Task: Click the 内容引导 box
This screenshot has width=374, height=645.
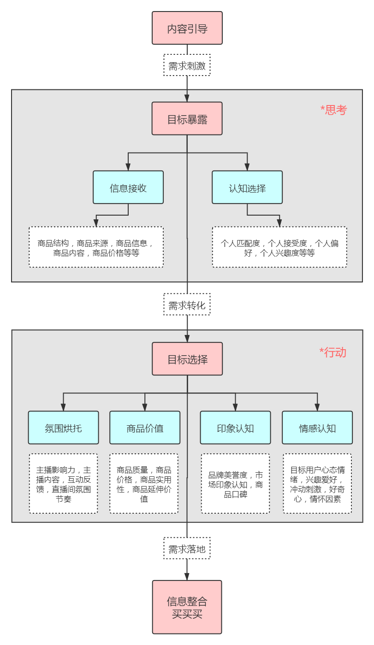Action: click(187, 29)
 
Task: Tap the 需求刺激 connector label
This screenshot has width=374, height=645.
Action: click(187, 65)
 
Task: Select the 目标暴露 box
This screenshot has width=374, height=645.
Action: click(187, 119)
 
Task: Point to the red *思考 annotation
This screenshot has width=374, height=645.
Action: click(333, 110)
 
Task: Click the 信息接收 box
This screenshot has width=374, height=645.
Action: click(128, 188)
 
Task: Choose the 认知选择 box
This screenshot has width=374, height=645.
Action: click(247, 188)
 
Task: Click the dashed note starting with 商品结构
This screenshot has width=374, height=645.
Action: click(96, 247)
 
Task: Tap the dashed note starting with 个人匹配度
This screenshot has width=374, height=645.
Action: click(279, 247)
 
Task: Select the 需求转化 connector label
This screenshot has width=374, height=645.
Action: click(187, 305)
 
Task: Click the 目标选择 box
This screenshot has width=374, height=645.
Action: click(187, 359)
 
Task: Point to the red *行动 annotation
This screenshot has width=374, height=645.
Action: click(332, 352)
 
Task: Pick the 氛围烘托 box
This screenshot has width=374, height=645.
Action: click(64, 428)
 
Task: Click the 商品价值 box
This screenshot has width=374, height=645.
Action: click(145, 428)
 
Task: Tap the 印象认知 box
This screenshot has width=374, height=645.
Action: click(235, 428)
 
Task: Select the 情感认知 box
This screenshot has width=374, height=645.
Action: click(317, 428)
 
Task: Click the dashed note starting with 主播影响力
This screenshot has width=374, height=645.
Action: click(64, 483)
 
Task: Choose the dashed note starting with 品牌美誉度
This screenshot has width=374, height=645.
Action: click(235, 483)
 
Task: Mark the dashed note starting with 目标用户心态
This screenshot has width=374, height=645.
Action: click(317, 483)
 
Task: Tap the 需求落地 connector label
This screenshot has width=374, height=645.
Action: click(187, 548)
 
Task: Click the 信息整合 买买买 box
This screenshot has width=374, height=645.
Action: click(187, 607)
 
